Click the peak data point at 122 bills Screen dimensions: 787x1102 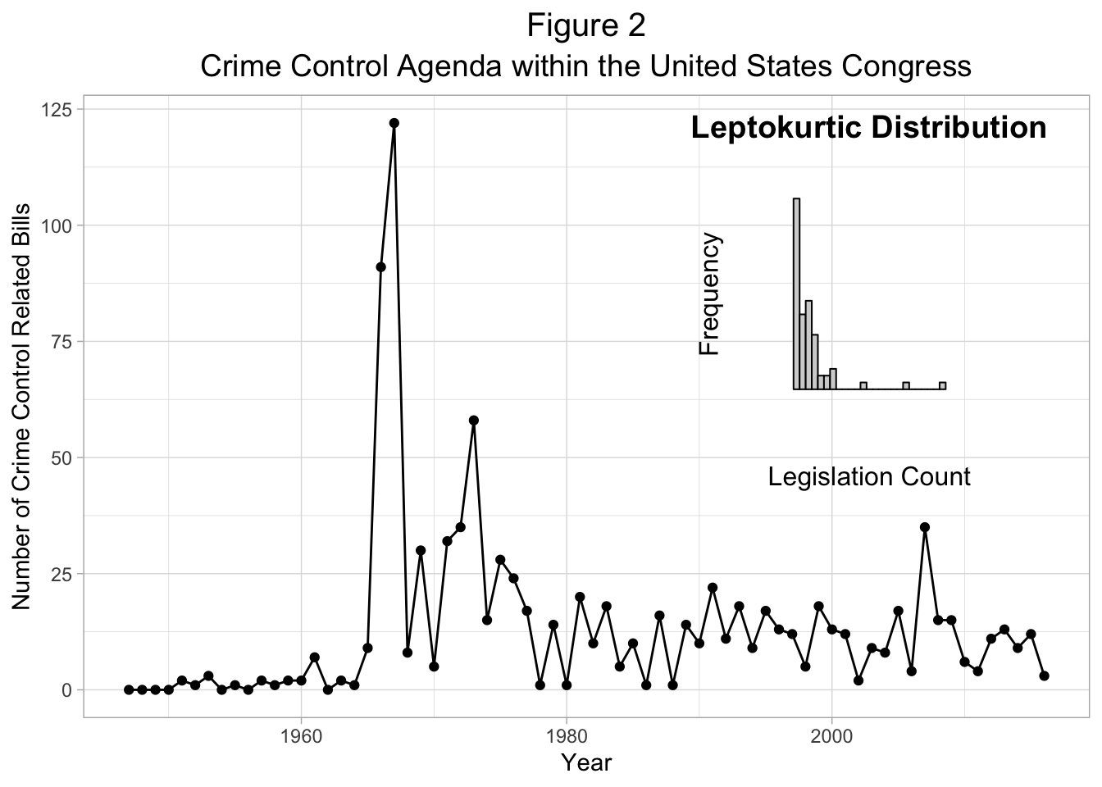point(394,123)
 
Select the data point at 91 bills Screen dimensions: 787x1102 point(380,267)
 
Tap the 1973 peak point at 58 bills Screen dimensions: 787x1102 point(473,421)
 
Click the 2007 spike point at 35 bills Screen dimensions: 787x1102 point(925,527)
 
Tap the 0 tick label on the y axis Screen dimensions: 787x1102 point(67,689)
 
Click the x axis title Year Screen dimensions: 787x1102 point(586,762)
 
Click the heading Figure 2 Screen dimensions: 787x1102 point(586,25)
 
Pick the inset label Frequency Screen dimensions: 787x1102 point(709,294)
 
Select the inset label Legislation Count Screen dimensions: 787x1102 point(869,476)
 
